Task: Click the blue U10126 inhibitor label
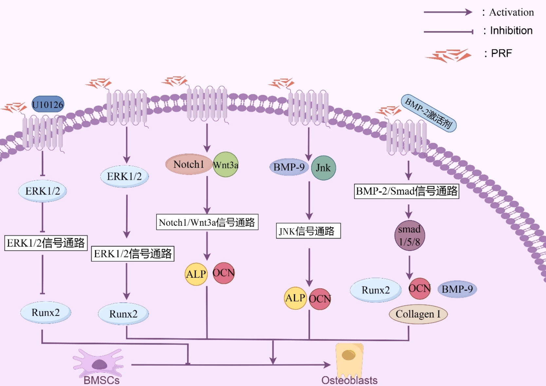coord(48,104)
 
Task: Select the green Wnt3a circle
coord(226,165)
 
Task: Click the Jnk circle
coord(323,168)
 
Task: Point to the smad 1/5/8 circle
coord(409,235)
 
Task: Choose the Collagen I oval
coord(418,314)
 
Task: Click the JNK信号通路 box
coord(308,231)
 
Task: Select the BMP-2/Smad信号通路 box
coord(407,191)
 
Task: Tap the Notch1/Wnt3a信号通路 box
coord(207,222)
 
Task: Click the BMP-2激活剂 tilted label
coord(428,113)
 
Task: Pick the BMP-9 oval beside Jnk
coord(289,167)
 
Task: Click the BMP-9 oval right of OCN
coord(457,289)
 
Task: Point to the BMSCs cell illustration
coord(99,363)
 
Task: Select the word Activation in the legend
coord(511,12)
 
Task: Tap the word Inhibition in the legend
coord(511,31)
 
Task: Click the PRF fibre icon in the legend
coord(448,55)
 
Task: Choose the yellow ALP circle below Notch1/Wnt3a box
coord(196,274)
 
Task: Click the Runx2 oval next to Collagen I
coord(375,290)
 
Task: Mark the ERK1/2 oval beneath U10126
coord(43,191)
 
